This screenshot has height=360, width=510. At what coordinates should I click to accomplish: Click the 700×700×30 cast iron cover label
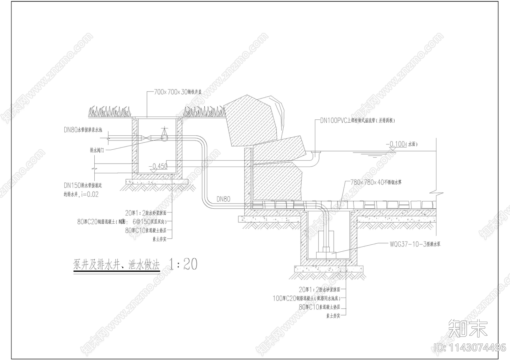(178, 92)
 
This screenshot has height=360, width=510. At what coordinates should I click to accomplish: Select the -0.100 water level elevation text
(397, 144)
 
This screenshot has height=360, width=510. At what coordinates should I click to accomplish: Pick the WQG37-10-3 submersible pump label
(415, 245)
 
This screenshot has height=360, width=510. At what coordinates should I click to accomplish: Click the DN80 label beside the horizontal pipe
(223, 199)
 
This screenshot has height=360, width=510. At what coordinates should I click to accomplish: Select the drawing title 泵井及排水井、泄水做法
(117, 265)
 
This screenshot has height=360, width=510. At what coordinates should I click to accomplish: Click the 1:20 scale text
(183, 264)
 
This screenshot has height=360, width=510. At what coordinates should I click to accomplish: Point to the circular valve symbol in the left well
(164, 138)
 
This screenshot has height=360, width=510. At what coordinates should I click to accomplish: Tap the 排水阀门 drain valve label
(97, 150)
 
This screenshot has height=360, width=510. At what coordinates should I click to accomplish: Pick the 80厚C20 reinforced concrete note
(121, 222)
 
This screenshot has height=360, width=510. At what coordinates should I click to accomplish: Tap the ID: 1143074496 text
(470, 347)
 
